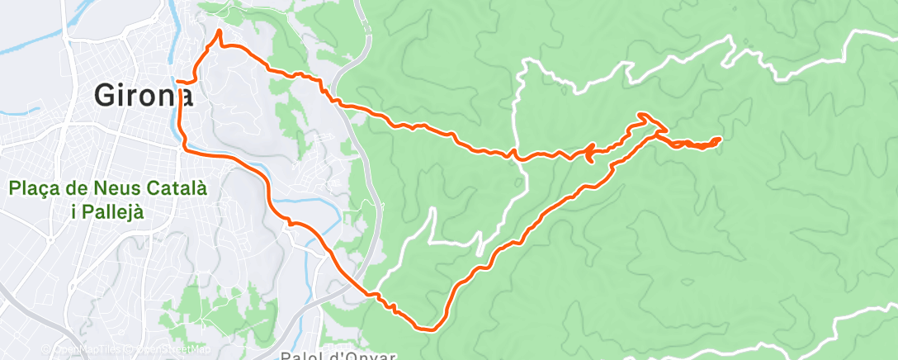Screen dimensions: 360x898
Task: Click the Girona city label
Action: point(144,96)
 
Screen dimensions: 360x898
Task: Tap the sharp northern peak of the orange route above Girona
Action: point(220,31)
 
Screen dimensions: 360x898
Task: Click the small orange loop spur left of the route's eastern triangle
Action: point(589,152)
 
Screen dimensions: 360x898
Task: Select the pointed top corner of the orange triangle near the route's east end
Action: point(643,116)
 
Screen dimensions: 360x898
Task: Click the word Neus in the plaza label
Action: point(124,189)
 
